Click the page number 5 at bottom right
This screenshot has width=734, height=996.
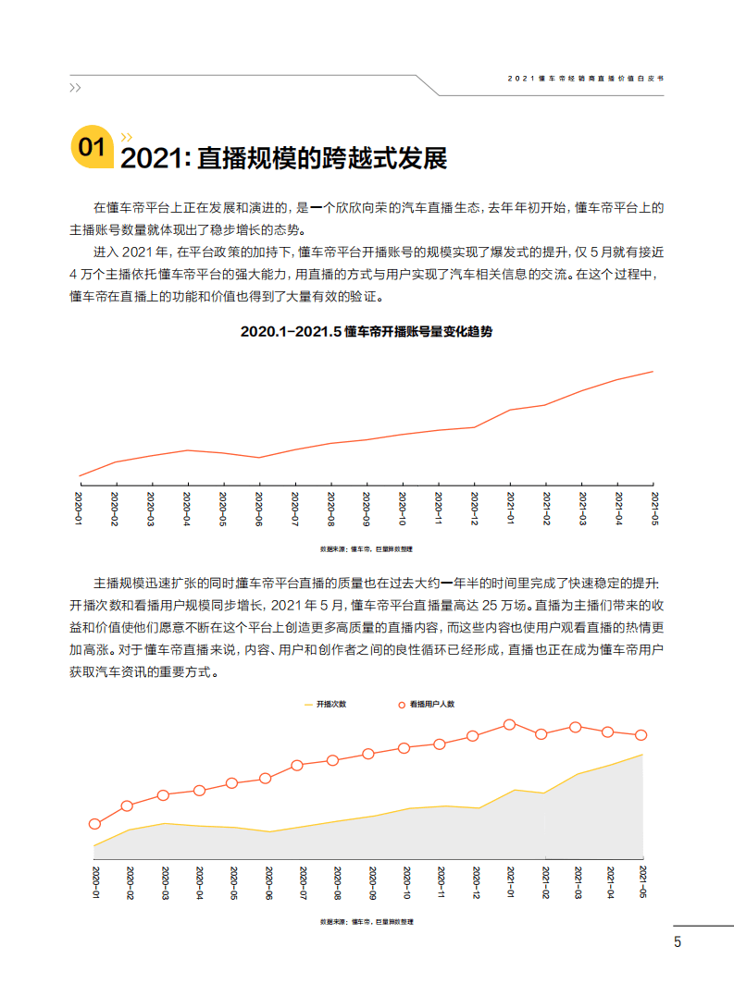[x=678, y=942]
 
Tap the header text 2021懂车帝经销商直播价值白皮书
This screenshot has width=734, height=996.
[x=585, y=80]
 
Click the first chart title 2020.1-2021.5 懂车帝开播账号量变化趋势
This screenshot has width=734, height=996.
[x=367, y=331]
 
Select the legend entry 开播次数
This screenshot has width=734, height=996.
[x=327, y=704]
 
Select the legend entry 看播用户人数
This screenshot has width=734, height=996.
[x=427, y=704]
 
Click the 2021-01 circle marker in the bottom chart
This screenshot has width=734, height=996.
[x=509, y=725]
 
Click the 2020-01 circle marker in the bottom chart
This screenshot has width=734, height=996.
[x=94, y=824]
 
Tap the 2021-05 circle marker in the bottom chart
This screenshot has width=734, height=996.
[x=641, y=735]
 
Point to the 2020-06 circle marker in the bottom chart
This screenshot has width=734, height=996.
[x=266, y=779]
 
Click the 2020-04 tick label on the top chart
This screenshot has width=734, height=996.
[x=187, y=509]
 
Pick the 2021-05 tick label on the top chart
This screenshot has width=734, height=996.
[x=653, y=509]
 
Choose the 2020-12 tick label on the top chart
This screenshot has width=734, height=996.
[x=474, y=509]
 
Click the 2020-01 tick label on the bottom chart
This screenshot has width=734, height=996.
[x=94, y=882]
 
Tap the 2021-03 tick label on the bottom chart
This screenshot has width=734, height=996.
[x=577, y=882]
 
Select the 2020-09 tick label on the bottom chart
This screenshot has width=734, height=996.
[x=370, y=882]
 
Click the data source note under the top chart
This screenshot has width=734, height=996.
[x=367, y=548]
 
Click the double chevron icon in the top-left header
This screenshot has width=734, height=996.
[x=75, y=88]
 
